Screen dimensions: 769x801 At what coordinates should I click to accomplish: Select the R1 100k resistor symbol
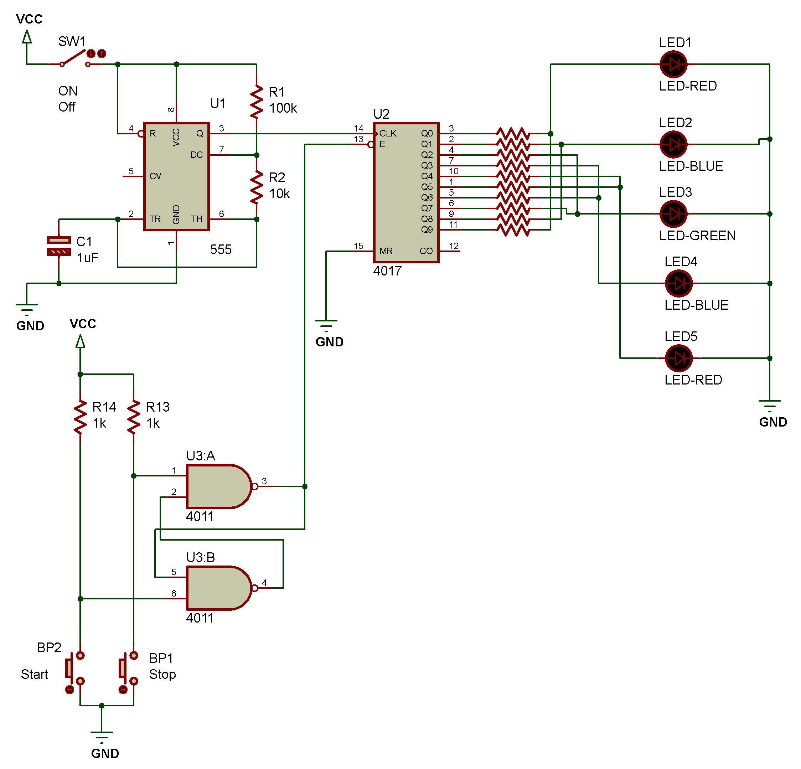[x=256, y=101]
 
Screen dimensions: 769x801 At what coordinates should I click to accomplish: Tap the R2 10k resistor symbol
[x=256, y=187]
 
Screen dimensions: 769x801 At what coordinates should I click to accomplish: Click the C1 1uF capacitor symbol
[x=59, y=246]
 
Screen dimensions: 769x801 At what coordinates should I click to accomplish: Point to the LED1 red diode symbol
[x=673, y=64]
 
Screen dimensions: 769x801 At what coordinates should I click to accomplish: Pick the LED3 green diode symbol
[x=673, y=214]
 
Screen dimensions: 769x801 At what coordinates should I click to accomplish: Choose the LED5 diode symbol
[x=678, y=358]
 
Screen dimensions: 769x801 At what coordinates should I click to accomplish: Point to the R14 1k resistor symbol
[x=80, y=416]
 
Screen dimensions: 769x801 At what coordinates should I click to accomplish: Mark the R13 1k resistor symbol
[x=134, y=416]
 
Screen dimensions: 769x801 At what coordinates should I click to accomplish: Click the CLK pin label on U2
[x=387, y=134]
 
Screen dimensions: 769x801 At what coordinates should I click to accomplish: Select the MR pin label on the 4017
[x=386, y=251]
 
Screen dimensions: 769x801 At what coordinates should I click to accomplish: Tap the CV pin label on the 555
[x=155, y=176]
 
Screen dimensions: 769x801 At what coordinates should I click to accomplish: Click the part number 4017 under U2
[x=387, y=271]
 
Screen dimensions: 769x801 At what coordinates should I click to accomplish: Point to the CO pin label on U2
[x=426, y=251]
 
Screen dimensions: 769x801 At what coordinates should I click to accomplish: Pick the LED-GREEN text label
[x=697, y=236]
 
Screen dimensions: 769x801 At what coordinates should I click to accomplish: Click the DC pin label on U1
[x=197, y=155]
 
